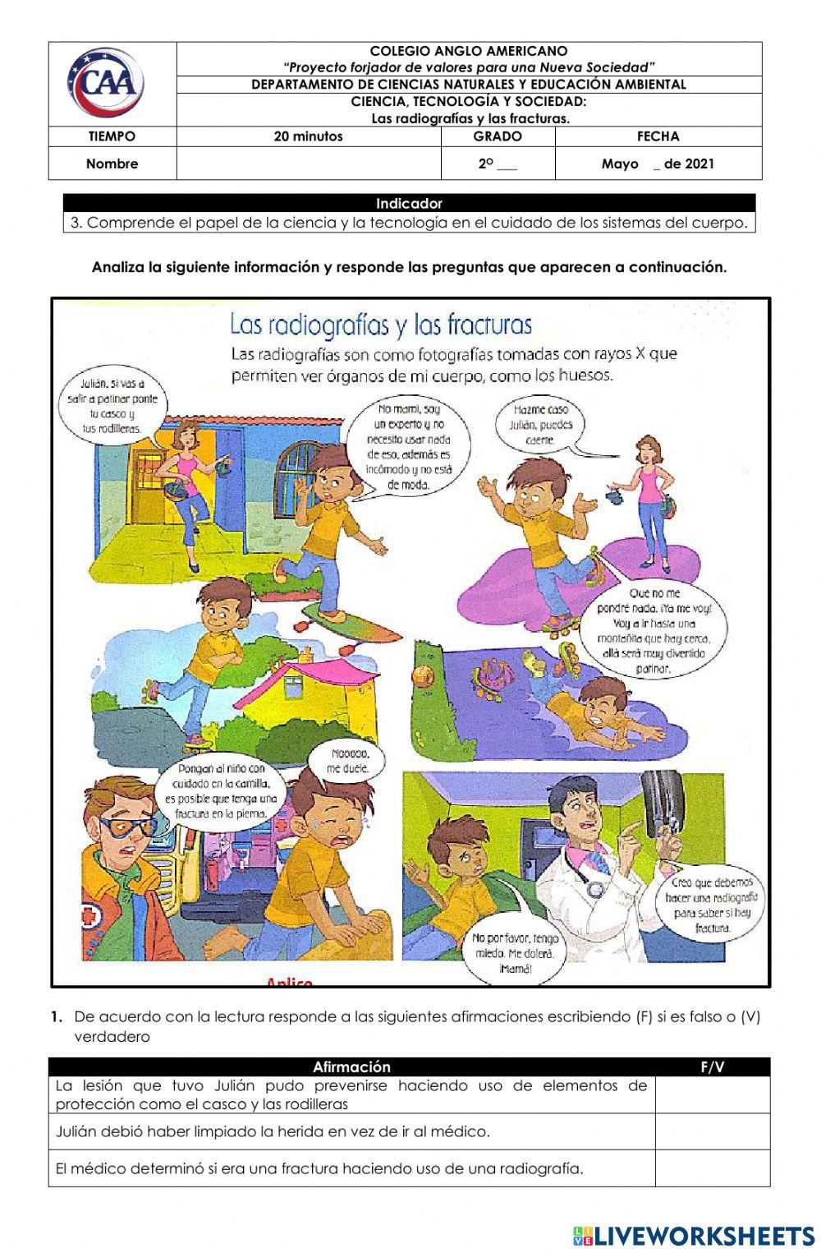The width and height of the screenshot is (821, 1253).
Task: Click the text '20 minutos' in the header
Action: pos(308,137)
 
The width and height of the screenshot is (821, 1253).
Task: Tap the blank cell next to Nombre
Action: pos(308,164)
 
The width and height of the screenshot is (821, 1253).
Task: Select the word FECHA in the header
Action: pos(658,137)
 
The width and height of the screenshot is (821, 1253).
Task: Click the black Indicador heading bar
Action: pos(409,203)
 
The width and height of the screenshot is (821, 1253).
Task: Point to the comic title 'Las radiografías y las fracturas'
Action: pos(380,325)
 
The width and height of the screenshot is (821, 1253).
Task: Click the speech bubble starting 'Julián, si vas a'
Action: pos(112,406)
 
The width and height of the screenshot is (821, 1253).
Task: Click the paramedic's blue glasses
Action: pos(131,824)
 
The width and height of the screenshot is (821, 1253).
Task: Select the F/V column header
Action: pos(712,1067)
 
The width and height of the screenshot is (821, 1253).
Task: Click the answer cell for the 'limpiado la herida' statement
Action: pos(712,1131)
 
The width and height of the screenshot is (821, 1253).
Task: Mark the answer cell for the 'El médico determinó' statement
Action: pos(712,1168)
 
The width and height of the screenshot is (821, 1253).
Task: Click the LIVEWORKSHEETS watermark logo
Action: pos(694,1235)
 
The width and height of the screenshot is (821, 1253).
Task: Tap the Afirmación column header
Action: pos(351,1067)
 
